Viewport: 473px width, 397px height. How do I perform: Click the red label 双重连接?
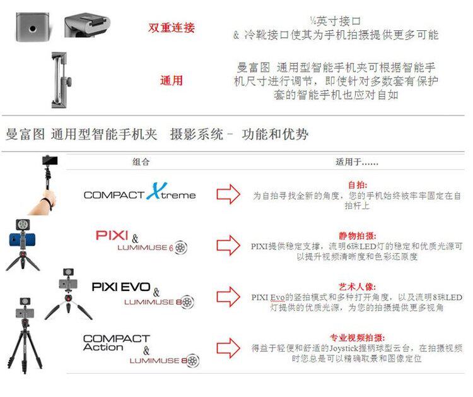[x=171, y=28]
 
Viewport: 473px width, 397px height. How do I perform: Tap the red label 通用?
[x=171, y=80]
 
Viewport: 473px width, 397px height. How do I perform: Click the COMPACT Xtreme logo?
[x=139, y=193]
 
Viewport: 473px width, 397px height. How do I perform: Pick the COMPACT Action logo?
[x=116, y=343]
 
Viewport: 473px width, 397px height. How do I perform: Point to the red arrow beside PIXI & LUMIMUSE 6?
[x=228, y=245]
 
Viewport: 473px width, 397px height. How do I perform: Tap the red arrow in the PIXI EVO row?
[x=228, y=297]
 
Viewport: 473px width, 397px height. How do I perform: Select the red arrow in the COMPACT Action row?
[x=228, y=348]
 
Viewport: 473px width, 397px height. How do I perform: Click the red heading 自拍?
[x=357, y=186]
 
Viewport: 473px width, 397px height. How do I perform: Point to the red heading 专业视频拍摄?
[x=357, y=337]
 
